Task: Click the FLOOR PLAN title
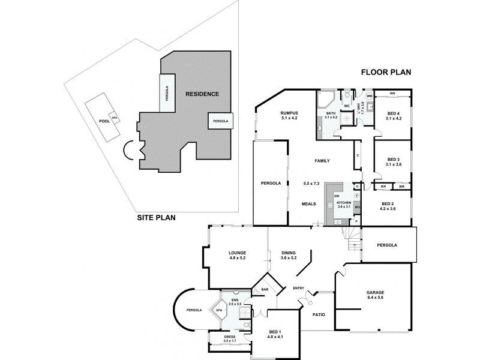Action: [x=385, y=73]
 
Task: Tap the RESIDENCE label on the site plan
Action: [x=202, y=94]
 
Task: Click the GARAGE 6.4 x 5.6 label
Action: [x=375, y=296]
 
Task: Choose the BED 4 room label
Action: [x=393, y=116]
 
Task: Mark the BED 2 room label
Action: [x=388, y=206]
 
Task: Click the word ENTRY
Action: [x=299, y=289]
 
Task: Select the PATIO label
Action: [x=319, y=314]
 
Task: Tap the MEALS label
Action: [x=309, y=204]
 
